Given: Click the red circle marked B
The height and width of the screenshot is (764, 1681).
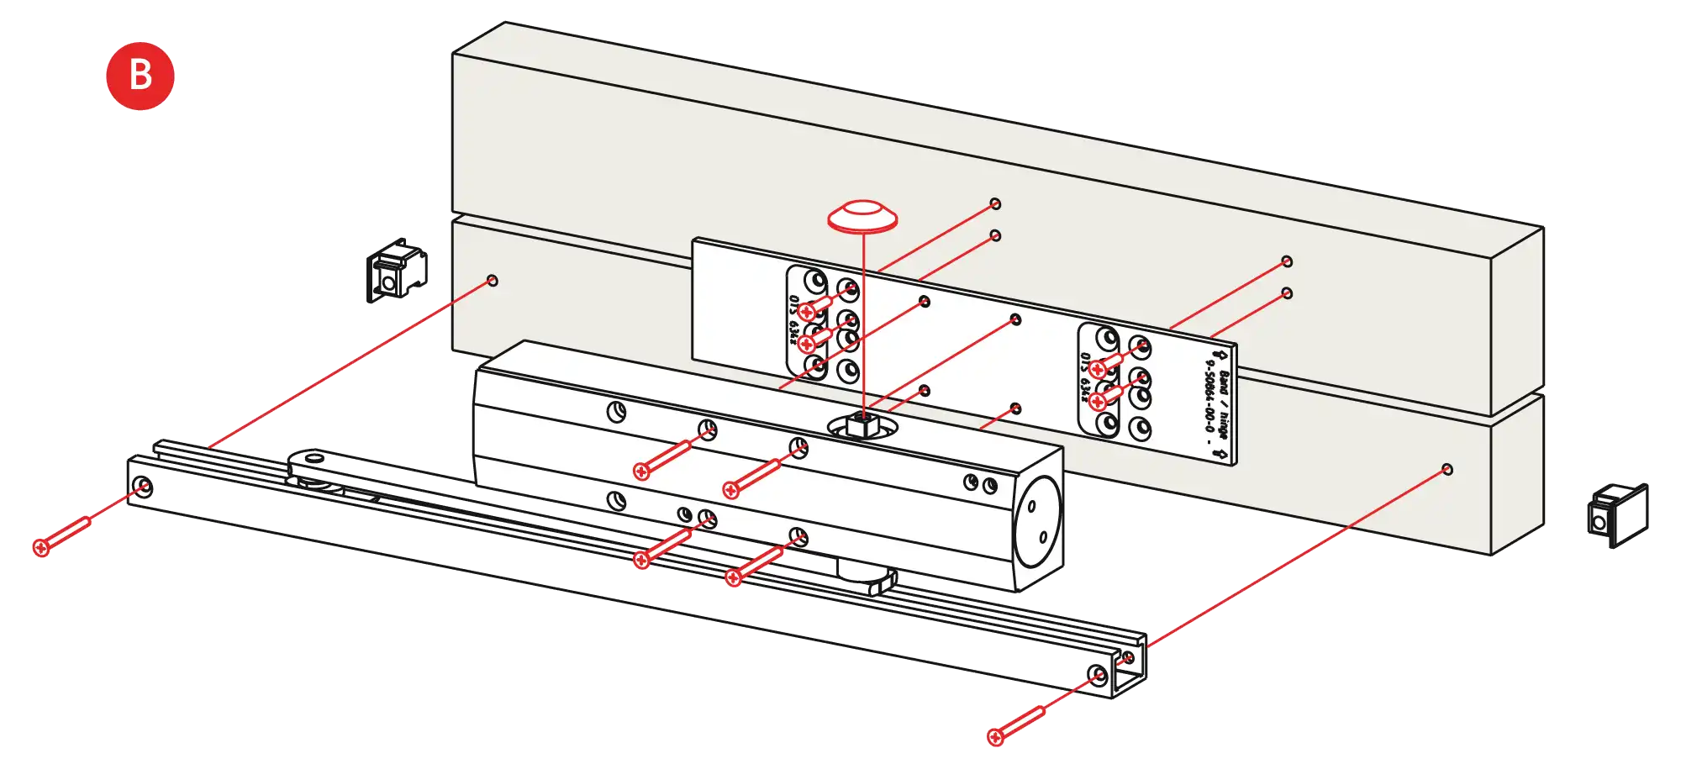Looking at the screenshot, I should tap(139, 75).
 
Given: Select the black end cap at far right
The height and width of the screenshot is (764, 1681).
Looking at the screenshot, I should tap(1618, 514).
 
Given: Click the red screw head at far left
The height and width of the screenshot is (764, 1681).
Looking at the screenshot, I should tap(41, 548).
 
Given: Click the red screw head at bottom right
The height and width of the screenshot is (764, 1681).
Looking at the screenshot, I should tap(996, 737).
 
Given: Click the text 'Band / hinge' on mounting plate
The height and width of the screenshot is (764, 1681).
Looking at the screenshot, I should tap(1222, 404).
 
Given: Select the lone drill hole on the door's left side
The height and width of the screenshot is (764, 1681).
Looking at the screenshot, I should tap(493, 280).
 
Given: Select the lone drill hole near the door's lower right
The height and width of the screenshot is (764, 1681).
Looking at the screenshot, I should tap(1447, 469).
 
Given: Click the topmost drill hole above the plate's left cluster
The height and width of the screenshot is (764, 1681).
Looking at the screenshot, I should tap(995, 203).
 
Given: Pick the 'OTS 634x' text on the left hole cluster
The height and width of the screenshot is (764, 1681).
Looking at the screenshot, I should tap(793, 320).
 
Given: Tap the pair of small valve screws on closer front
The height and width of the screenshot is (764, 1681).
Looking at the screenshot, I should tap(980, 484).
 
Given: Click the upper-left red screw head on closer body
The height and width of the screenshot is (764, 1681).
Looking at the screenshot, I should tap(641, 472).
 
